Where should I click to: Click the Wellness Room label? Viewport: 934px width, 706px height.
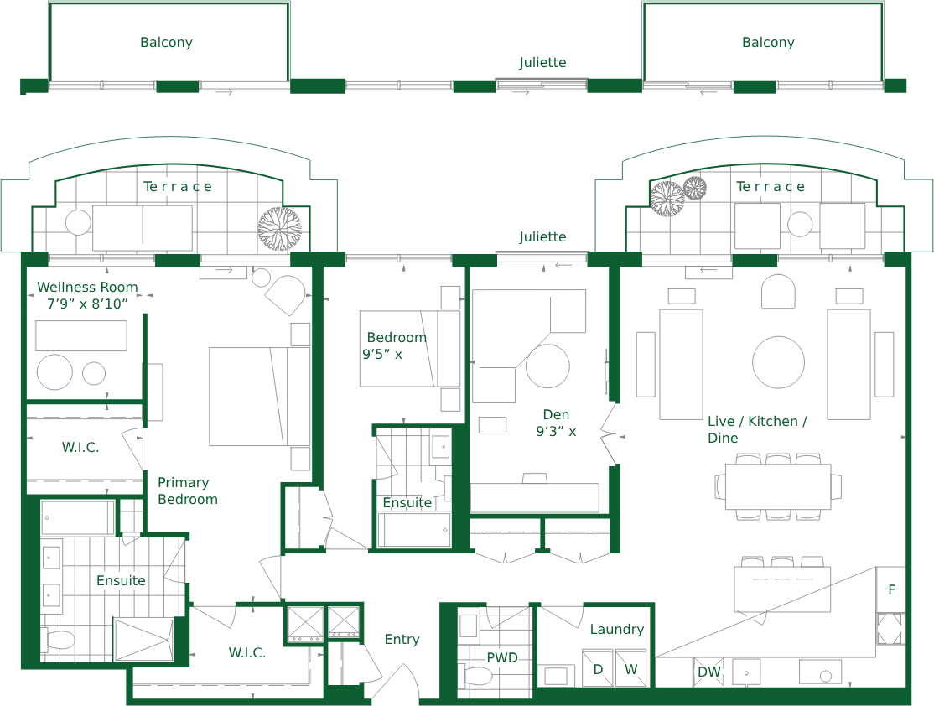pyautogui.click(x=87, y=287)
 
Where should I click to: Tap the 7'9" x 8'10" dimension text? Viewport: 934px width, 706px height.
pyautogui.click(x=87, y=304)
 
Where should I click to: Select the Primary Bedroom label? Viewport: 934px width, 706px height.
pyautogui.click(x=188, y=491)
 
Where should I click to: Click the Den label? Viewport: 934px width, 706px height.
pyautogui.click(x=557, y=414)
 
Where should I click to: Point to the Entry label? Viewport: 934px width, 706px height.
pyautogui.click(x=402, y=639)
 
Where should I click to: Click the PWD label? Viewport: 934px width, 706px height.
pyautogui.click(x=502, y=657)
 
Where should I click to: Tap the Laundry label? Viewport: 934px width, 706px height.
pyautogui.click(x=617, y=629)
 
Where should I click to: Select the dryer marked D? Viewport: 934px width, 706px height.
pyautogui.click(x=598, y=668)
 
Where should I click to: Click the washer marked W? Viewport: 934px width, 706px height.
pyautogui.click(x=630, y=668)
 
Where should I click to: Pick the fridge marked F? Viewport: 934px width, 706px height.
pyautogui.click(x=891, y=589)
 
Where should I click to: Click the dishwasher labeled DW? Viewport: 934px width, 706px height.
pyautogui.click(x=708, y=672)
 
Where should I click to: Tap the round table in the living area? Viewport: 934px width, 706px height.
pyautogui.click(x=779, y=362)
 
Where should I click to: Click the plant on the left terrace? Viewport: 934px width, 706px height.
pyautogui.click(x=280, y=229)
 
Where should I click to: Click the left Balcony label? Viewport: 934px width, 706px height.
pyautogui.click(x=166, y=42)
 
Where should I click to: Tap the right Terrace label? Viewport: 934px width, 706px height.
pyautogui.click(x=771, y=186)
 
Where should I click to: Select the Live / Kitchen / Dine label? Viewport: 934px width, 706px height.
pyautogui.click(x=757, y=429)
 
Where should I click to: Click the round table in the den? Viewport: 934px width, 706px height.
pyautogui.click(x=548, y=366)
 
